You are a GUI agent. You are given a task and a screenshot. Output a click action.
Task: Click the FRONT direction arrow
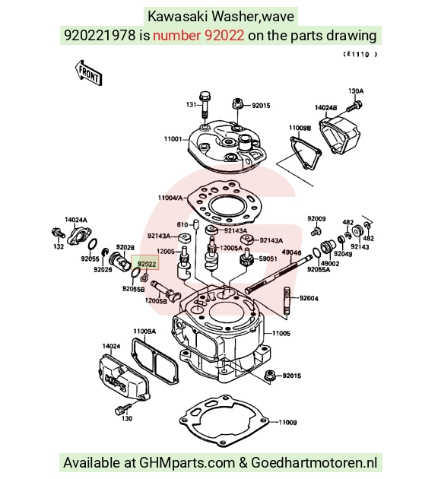(x=88, y=73)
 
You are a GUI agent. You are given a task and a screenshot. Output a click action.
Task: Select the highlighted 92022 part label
(x=146, y=264)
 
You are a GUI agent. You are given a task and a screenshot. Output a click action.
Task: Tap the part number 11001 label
(x=173, y=139)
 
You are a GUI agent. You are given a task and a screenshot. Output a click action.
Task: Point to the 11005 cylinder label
(x=281, y=333)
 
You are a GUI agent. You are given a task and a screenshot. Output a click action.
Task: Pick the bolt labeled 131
(x=205, y=104)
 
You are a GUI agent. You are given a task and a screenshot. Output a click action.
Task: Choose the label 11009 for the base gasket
(x=287, y=422)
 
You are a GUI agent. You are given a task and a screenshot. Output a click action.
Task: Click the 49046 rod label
(x=291, y=252)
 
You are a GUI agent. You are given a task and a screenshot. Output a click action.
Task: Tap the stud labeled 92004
(x=287, y=300)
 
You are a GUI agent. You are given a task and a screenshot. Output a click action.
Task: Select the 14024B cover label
(x=326, y=108)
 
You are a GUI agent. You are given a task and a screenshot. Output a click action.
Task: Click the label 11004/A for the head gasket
(x=170, y=198)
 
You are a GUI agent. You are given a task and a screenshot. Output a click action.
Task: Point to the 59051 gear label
(x=268, y=259)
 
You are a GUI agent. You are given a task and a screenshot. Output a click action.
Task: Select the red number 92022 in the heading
(x=224, y=36)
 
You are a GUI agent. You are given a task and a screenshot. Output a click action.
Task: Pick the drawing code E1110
(x=360, y=55)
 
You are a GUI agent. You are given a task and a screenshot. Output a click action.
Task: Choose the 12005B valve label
(x=156, y=300)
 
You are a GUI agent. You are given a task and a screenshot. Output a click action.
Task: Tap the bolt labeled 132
(x=58, y=233)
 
